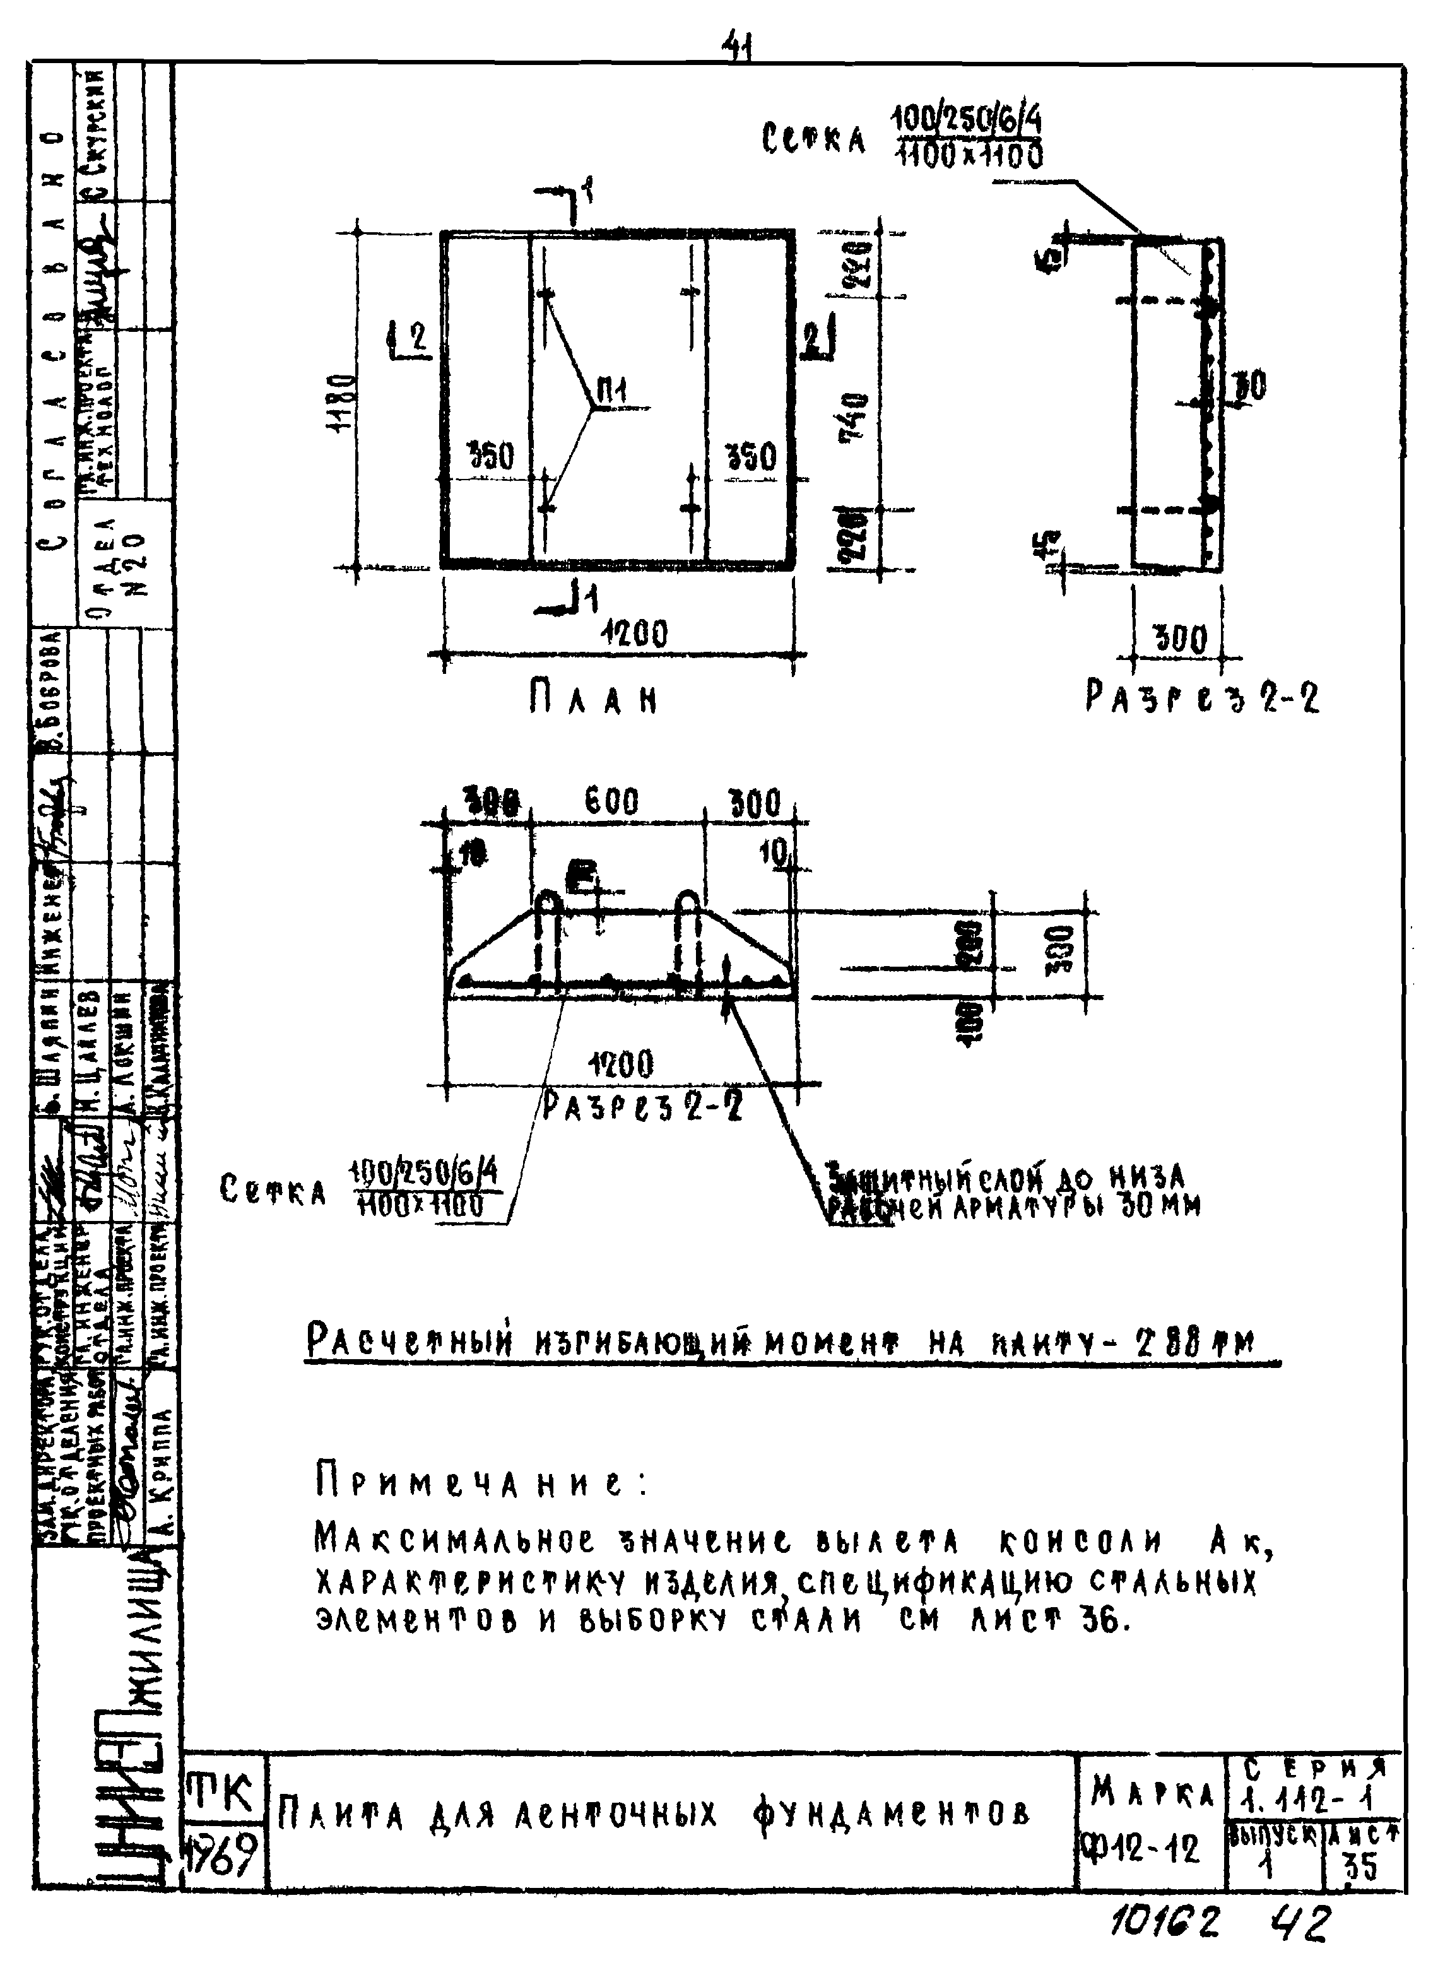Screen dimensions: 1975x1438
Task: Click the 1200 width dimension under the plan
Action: pyautogui.click(x=634, y=634)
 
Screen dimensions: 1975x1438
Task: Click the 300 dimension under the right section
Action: pyautogui.click(x=1180, y=642)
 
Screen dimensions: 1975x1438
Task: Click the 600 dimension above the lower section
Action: pyautogui.click(x=611, y=802)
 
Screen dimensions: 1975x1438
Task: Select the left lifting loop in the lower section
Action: pyautogui.click(x=549, y=940)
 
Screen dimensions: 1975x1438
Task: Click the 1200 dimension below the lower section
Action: pyautogui.click(x=620, y=1065)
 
